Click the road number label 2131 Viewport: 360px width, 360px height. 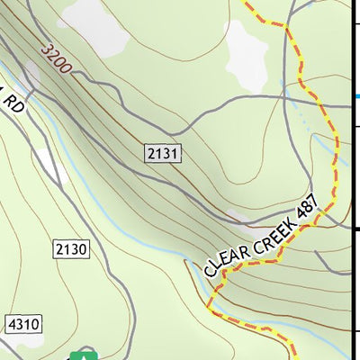(x=163, y=154)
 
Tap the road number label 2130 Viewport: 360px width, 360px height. (x=71, y=248)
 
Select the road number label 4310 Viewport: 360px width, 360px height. (x=22, y=323)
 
